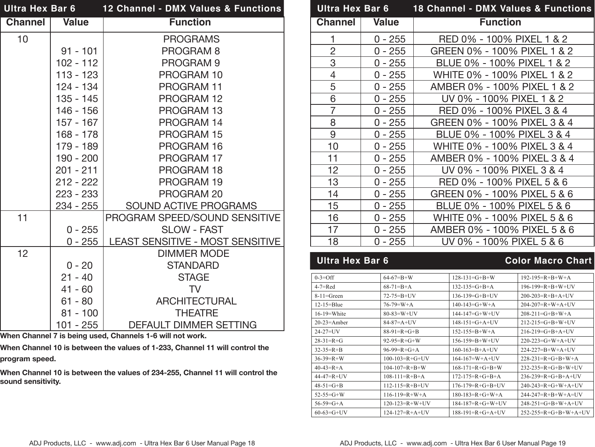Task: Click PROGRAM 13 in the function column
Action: click(x=190, y=111)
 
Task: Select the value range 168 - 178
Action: click(x=77, y=135)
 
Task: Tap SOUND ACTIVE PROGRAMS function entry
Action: click(x=191, y=206)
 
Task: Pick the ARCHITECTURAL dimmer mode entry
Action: click(x=196, y=301)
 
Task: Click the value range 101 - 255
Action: click(x=77, y=325)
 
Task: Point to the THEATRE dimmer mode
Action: click(x=197, y=313)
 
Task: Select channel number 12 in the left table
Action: click(x=23, y=254)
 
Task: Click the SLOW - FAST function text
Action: click(x=192, y=230)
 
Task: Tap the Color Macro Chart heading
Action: click(x=548, y=261)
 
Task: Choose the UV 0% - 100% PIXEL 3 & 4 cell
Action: click(x=502, y=170)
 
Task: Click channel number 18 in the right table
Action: click(x=333, y=242)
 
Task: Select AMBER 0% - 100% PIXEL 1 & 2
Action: click(x=502, y=87)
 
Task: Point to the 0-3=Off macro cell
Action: click(x=324, y=278)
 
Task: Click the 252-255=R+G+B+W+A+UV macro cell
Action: click(x=555, y=412)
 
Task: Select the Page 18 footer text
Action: click(x=142, y=443)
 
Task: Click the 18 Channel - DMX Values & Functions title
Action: click(x=502, y=9)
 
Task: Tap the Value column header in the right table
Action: click(x=386, y=23)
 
